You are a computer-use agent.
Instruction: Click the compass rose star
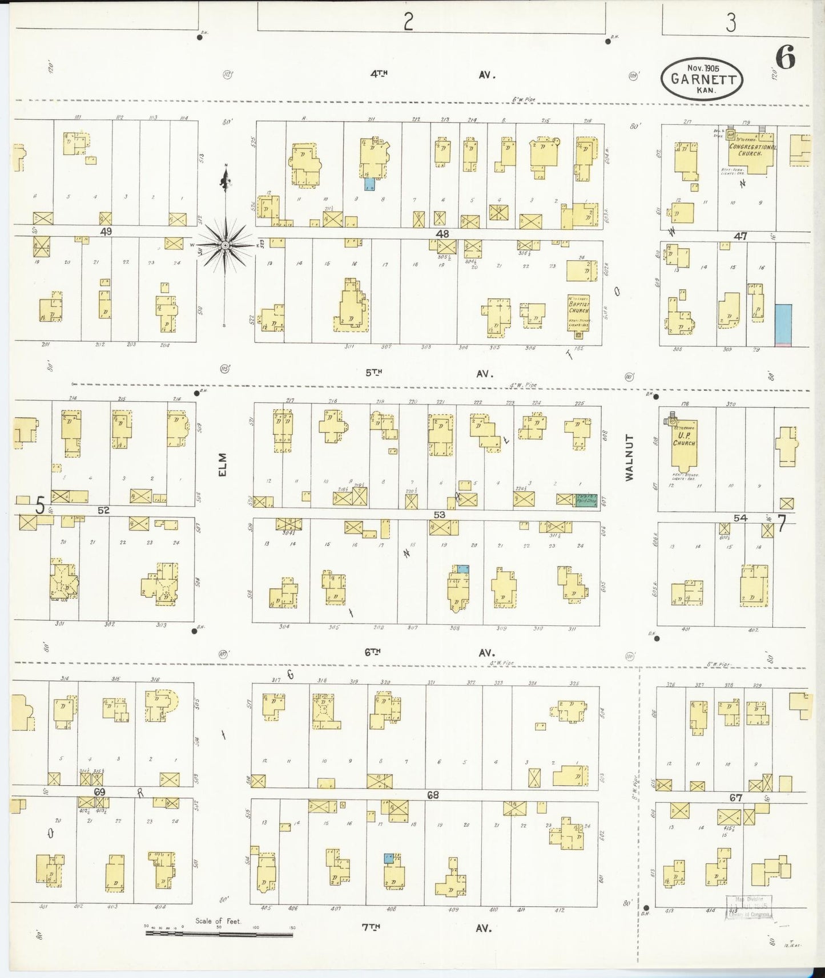click(x=226, y=245)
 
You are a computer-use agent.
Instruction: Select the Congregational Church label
click(x=752, y=150)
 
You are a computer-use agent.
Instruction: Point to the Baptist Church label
click(x=578, y=308)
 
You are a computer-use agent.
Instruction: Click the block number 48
click(x=442, y=233)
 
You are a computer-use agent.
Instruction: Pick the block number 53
click(x=439, y=515)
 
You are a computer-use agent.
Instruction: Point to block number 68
click(x=433, y=794)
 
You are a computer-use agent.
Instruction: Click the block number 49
click(x=105, y=231)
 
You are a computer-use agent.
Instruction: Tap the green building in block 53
click(x=586, y=499)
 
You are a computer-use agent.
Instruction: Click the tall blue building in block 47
click(x=783, y=324)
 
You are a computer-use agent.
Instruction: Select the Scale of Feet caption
click(x=218, y=921)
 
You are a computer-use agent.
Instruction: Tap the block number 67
click(x=735, y=798)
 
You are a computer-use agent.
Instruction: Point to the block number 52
click(x=103, y=510)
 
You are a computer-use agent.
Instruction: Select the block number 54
click(x=740, y=518)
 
